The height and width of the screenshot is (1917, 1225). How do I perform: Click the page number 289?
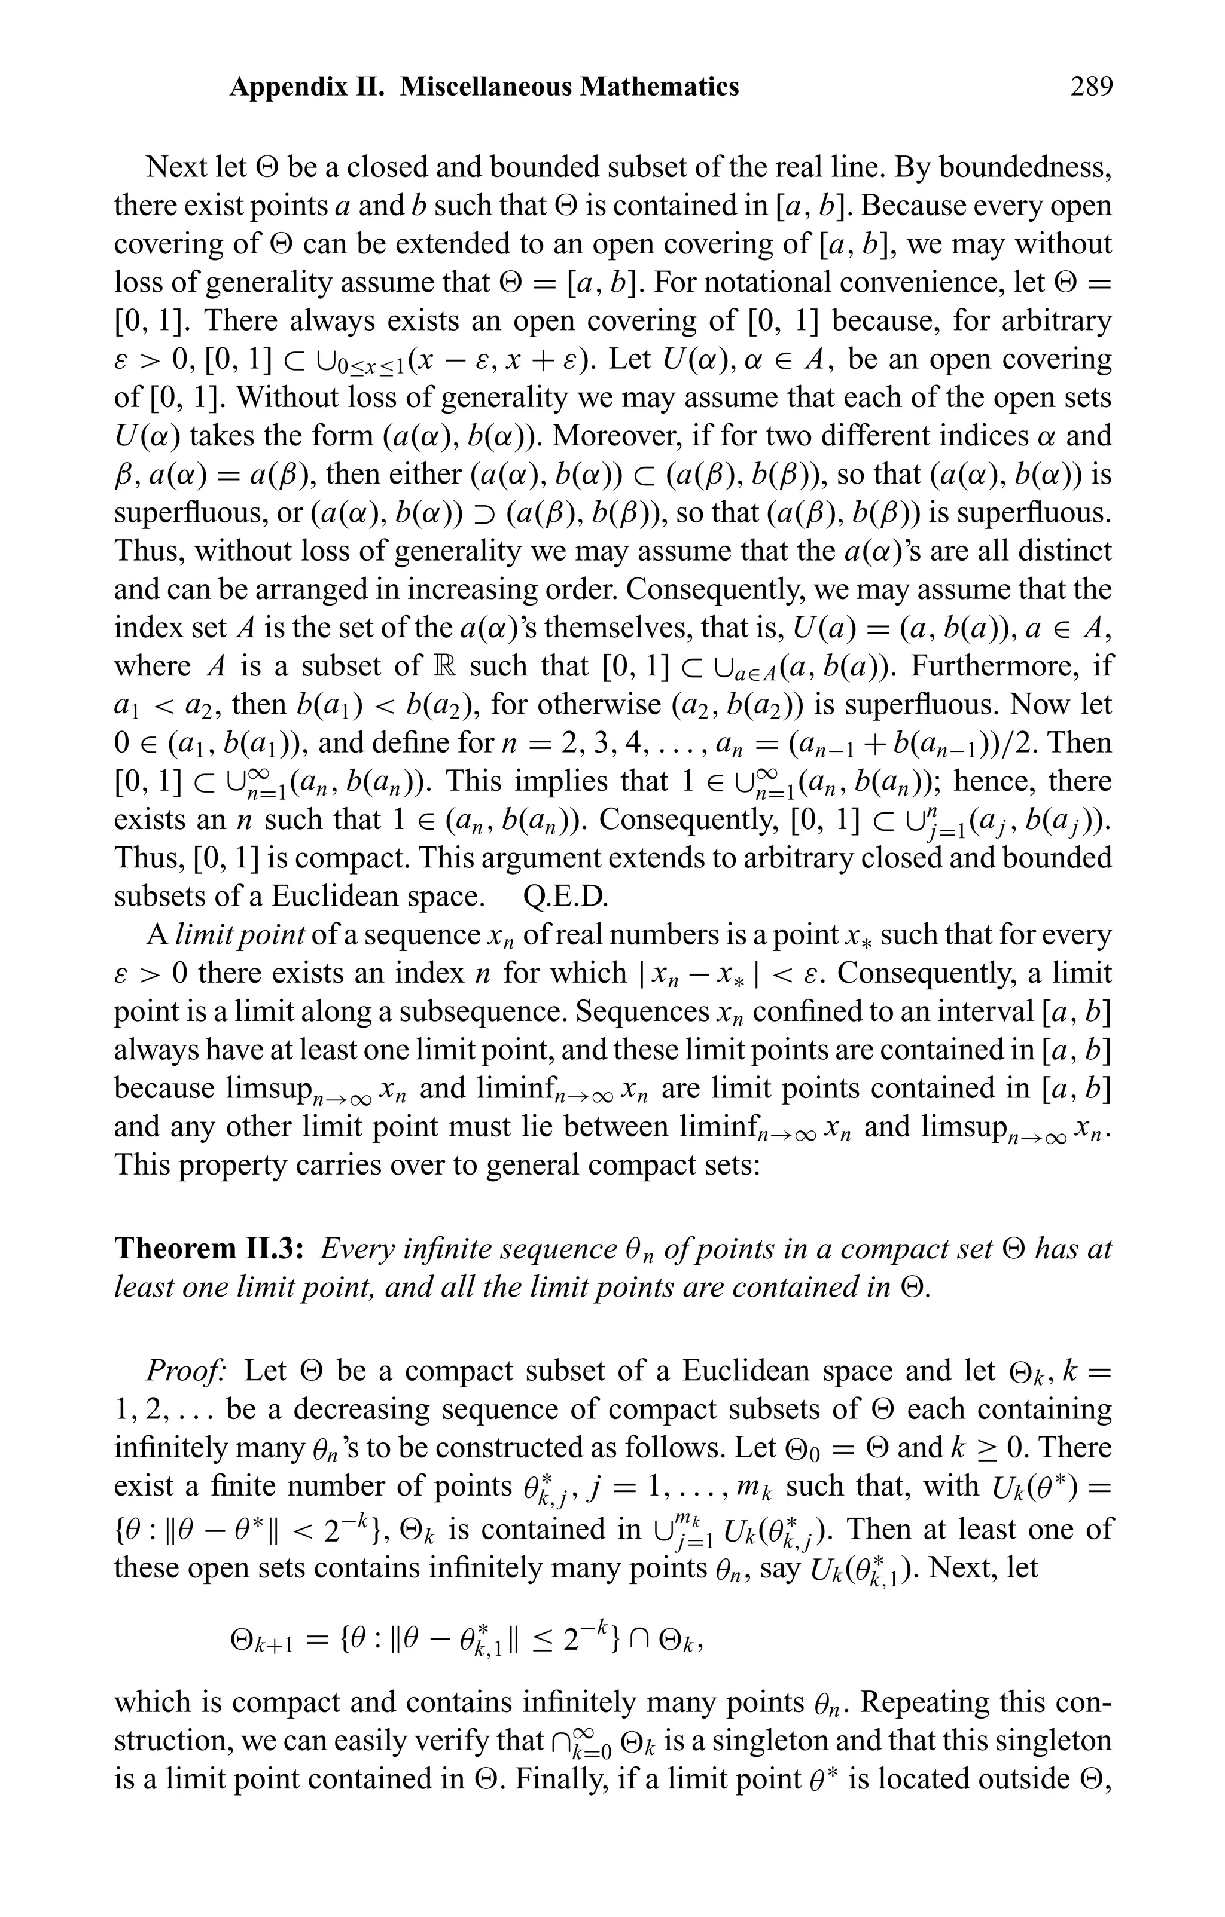[1090, 86]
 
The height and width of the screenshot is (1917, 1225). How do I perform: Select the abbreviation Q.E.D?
[565, 897]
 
